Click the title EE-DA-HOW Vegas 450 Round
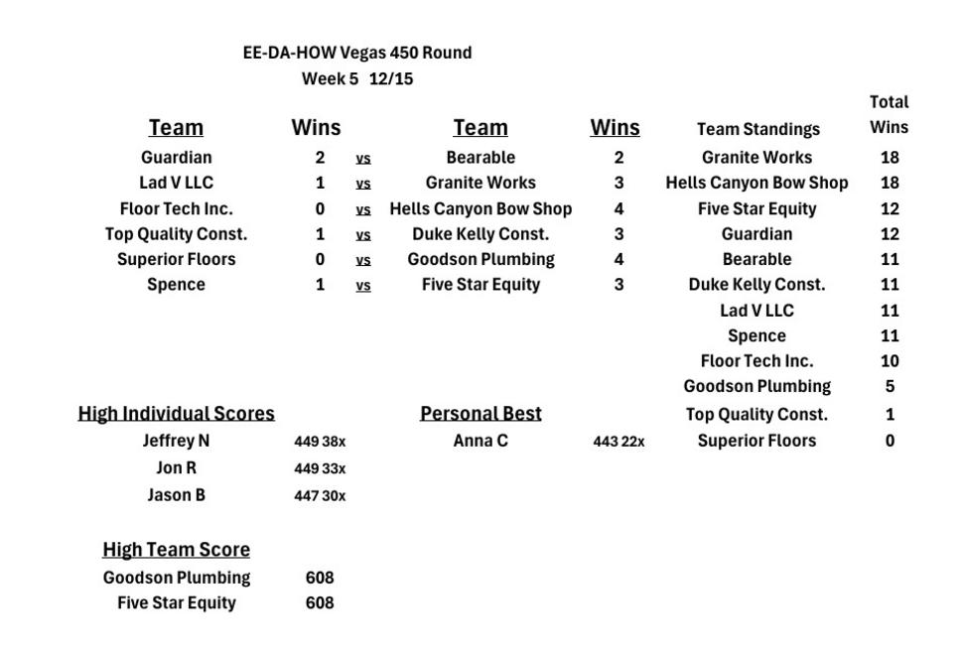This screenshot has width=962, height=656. click(357, 53)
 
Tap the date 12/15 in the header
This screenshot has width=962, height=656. click(391, 79)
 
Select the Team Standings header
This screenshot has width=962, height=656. click(757, 129)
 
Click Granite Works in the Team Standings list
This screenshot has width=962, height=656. click(756, 157)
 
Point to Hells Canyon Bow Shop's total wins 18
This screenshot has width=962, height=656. click(889, 183)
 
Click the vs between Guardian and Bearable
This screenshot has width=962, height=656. click(363, 158)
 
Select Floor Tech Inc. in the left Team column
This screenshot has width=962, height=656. click(176, 208)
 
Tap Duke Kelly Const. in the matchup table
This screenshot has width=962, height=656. click(481, 234)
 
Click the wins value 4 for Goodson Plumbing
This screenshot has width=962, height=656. click(618, 259)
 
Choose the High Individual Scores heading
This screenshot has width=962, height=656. click(177, 413)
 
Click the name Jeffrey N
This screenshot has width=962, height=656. click(176, 441)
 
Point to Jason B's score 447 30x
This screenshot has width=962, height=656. click(320, 496)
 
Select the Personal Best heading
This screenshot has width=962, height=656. click(481, 413)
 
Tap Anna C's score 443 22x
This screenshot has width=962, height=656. click(618, 442)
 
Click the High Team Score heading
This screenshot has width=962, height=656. click(176, 550)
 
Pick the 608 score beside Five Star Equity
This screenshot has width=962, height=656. click(320, 602)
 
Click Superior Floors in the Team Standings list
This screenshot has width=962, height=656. click(756, 441)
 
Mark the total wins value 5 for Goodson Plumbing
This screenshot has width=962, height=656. click(890, 386)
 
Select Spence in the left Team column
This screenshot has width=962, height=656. click(176, 285)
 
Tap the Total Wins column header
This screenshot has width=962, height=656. click(889, 114)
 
